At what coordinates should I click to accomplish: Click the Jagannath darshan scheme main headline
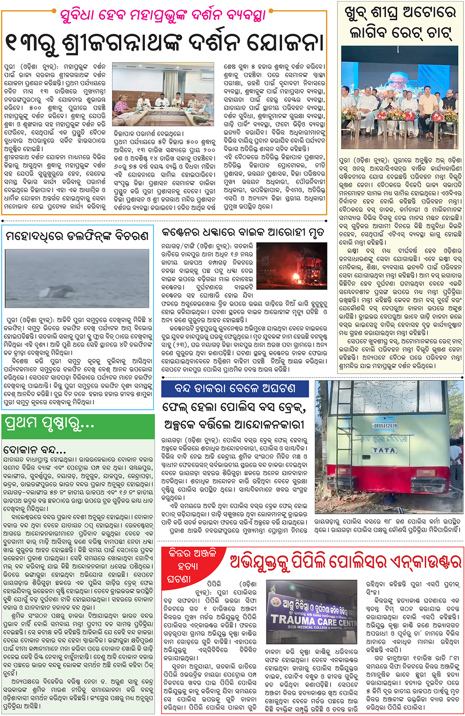click(x=164, y=42)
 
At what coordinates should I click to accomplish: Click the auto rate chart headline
click(x=400, y=24)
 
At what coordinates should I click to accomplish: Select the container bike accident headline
click(x=243, y=233)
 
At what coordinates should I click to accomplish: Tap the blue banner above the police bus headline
click(x=235, y=388)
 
